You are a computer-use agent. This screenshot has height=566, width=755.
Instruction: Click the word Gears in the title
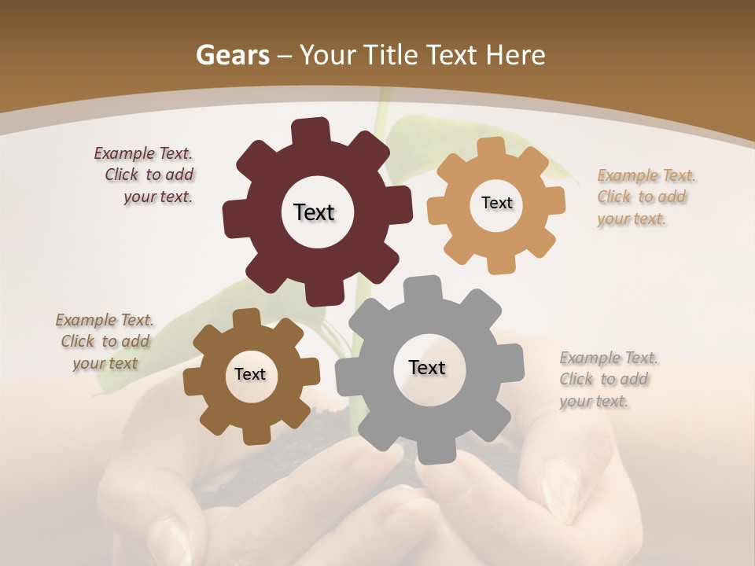pyautogui.click(x=232, y=56)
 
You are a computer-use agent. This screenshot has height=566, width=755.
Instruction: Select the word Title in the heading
pyautogui.click(x=391, y=56)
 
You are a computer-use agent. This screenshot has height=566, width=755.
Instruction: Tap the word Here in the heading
pyautogui.click(x=516, y=56)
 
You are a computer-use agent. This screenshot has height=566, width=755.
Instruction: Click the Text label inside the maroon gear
pyautogui.click(x=314, y=212)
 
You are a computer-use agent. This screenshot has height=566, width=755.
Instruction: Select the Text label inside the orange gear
pyautogui.click(x=496, y=203)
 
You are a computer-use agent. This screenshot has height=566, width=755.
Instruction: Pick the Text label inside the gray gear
pyautogui.click(x=427, y=367)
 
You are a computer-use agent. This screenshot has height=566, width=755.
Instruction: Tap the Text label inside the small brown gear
pyautogui.click(x=250, y=374)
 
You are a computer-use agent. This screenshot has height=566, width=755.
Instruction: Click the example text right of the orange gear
pyautogui.click(x=645, y=197)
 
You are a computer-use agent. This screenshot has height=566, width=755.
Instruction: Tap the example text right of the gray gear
pyautogui.click(x=608, y=379)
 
